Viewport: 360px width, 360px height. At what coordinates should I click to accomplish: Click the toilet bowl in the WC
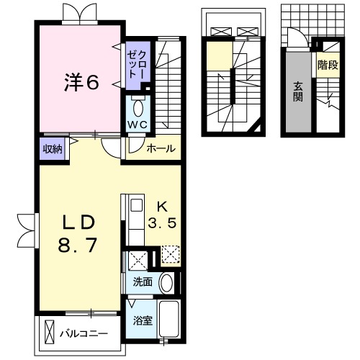[139, 109]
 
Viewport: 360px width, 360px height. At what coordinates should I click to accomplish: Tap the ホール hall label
[160, 149]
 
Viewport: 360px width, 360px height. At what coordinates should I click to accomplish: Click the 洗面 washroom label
[142, 282]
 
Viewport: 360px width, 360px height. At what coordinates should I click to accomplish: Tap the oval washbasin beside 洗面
[167, 282]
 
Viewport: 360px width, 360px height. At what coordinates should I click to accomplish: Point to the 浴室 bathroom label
[142, 320]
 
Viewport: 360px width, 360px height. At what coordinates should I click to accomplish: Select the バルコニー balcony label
[89, 334]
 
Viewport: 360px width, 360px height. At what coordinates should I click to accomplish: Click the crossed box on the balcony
[50, 334]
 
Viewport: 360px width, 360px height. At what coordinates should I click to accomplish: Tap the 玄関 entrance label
[297, 92]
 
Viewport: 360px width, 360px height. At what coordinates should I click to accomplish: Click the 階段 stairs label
[328, 64]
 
